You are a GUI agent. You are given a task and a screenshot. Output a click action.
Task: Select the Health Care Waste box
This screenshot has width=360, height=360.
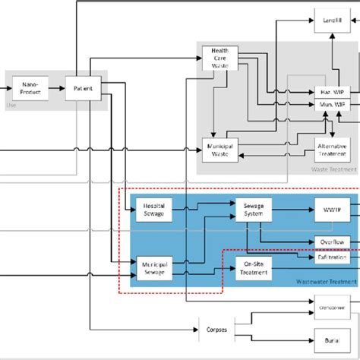pos(219,59)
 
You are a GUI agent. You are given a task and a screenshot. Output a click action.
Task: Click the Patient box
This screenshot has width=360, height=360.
pos(83,88)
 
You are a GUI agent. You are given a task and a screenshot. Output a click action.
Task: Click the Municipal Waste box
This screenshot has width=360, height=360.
pos(219,149)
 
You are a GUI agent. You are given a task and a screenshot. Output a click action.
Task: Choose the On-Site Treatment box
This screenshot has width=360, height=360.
pos(253,269)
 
